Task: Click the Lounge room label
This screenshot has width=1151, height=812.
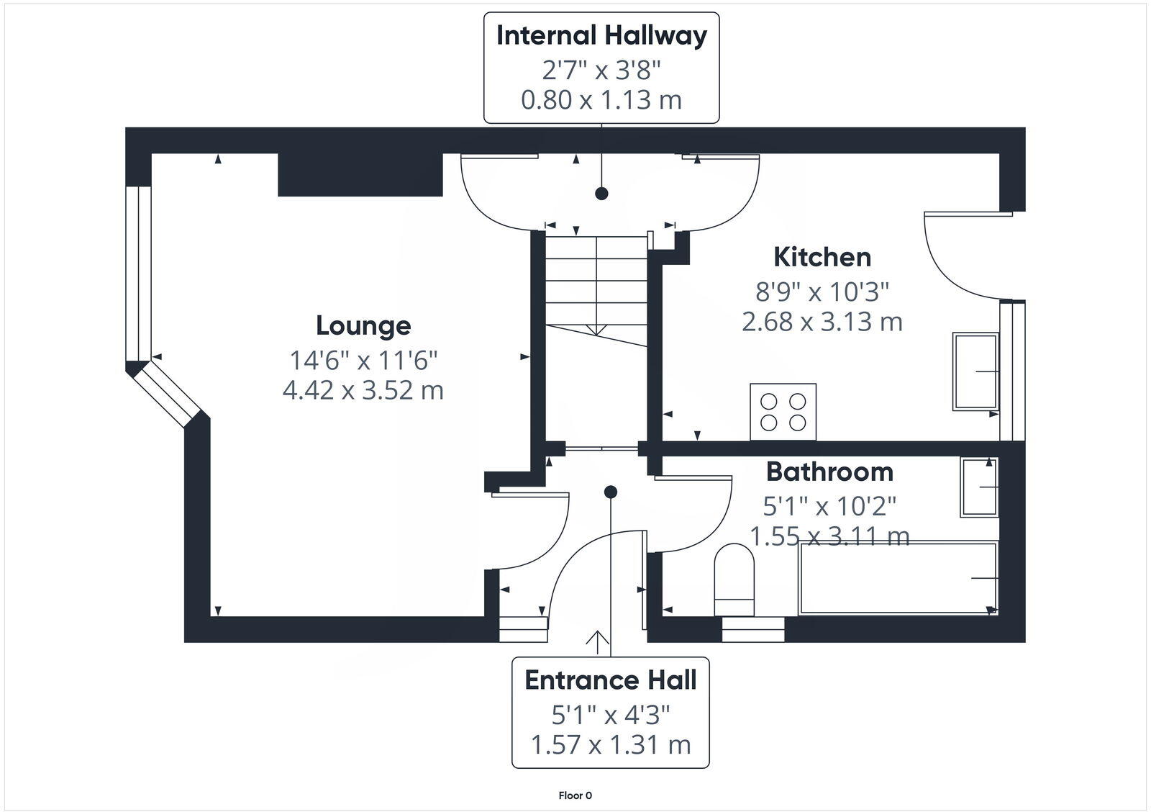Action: pyautogui.click(x=363, y=325)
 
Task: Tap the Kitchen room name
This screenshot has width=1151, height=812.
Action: pyautogui.click(x=822, y=257)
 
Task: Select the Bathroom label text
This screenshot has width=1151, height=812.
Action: pyautogui.click(x=829, y=472)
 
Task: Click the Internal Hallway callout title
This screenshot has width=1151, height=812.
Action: pyautogui.click(x=601, y=35)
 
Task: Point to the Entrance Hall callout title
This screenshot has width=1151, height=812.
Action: pyautogui.click(x=611, y=680)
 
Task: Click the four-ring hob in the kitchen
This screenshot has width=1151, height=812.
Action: pyautogui.click(x=783, y=412)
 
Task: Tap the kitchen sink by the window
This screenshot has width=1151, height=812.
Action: pyautogui.click(x=975, y=371)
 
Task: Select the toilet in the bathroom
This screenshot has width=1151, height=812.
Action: pyautogui.click(x=734, y=579)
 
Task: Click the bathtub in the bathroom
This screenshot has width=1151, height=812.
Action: pyautogui.click(x=898, y=578)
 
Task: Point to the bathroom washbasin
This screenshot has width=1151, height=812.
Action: pyautogui.click(x=979, y=487)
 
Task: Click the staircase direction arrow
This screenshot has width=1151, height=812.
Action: pyautogui.click(x=596, y=330)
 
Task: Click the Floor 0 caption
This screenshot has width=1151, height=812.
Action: pyautogui.click(x=575, y=795)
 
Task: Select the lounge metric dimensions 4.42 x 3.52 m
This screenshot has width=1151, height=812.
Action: pyautogui.click(x=363, y=390)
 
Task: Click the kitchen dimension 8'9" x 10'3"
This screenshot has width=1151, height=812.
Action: pyautogui.click(x=822, y=292)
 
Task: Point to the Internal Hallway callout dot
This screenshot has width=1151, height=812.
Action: pyautogui.click(x=601, y=193)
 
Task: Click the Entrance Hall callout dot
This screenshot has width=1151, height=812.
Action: pyautogui.click(x=611, y=492)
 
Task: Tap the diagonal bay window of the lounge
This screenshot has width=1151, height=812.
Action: pyautogui.click(x=165, y=392)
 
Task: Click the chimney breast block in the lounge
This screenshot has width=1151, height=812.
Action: pyautogui.click(x=360, y=174)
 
